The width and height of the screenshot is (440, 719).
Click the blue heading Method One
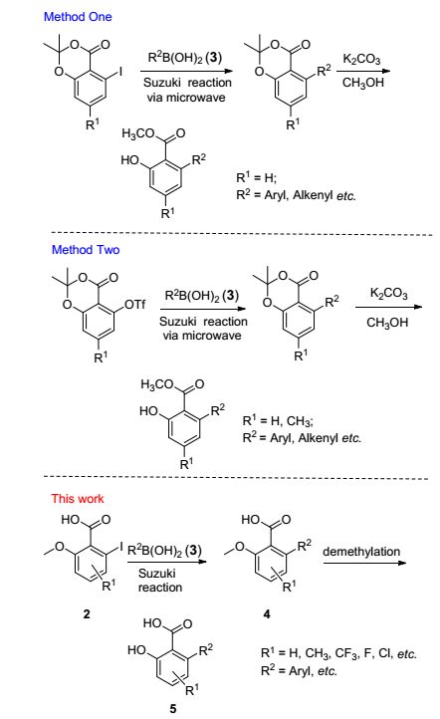click(x=78, y=17)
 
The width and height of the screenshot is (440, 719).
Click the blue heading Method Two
click(x=86, y=250)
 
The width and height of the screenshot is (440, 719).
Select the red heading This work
click(x=78, y=499)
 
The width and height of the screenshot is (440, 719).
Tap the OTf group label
click(x=134, y=305)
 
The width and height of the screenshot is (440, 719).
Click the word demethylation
click(x=361, y=551)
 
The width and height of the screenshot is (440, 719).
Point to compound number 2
click(x=87, y=613)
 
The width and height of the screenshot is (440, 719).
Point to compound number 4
click(x=267, y=613)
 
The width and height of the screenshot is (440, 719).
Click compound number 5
click(x=173, y=708)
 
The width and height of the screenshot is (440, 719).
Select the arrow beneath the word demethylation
click(x=364, y=563)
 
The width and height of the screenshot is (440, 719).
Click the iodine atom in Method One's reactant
click(x=120, y=72)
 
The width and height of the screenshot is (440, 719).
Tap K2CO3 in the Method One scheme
click(x=361, y=59)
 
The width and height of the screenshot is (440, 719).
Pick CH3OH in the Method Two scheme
click(x=387, y=323)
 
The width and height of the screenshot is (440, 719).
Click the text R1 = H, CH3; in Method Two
click(x=278, y=420)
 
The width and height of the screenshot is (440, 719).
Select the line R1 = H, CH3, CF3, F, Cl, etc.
click(x=338, y=652)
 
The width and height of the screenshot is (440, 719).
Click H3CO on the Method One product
click(x=138, y=133)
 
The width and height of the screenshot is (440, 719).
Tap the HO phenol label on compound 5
click(x=136, y=649)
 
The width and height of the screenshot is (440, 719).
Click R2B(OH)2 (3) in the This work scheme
click(x=164, y=550)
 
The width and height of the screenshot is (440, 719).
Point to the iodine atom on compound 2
click(x=121, y=546)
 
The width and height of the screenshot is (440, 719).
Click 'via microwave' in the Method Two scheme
click(x=202, y=336)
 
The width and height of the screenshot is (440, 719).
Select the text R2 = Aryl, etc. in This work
click(x=299, y=670)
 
